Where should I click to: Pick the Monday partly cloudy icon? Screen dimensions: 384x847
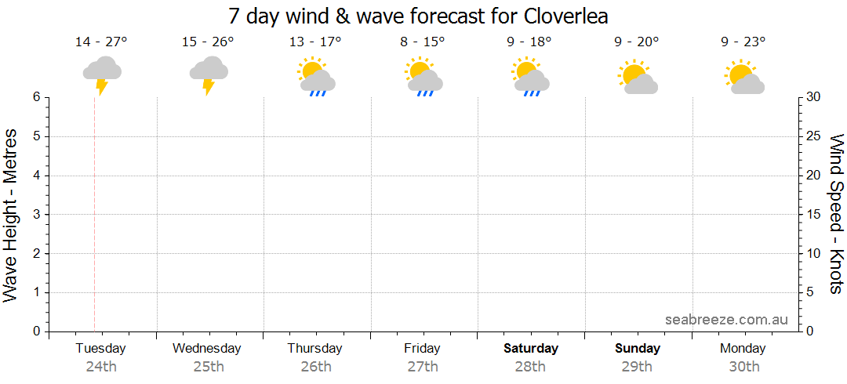[743, 76]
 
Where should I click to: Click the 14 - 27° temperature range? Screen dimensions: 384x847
[101, 42]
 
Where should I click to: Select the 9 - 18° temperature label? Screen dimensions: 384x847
[529, 42]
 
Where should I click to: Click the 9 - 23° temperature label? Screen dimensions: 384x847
[743, 42]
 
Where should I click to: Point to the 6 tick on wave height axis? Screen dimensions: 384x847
[36, 97]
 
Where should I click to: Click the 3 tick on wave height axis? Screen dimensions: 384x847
[36, 215]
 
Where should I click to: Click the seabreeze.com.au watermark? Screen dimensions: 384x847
[726, 320]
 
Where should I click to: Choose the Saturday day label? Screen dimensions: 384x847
[531, 348]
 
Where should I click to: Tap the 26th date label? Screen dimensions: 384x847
[315, 366]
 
